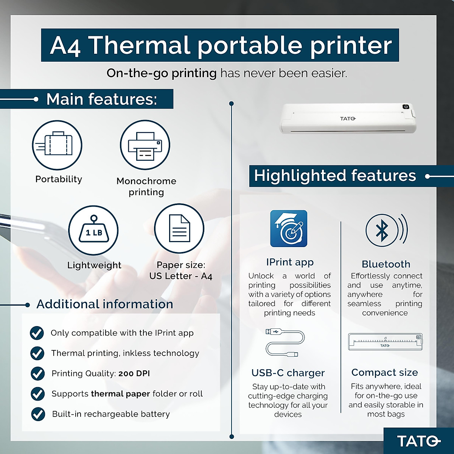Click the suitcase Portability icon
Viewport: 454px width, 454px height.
tap(57, 145)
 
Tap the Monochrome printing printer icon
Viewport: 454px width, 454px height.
tap(145, 145)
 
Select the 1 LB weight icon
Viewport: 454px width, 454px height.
tap(93, 230)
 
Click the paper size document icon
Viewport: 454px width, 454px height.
tap(179, 228)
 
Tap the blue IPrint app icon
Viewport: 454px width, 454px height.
tap(289, 229)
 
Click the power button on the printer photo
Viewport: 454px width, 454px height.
tap(406, 107)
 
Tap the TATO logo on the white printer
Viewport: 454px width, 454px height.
tap(348, 119)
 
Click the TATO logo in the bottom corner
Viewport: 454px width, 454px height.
tap(418, 441)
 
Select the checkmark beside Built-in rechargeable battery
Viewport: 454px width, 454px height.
tap(38, 414)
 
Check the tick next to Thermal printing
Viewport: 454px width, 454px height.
tap(37, 353)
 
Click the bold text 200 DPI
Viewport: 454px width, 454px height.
tap(134, 373)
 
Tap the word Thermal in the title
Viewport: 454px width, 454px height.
tap(138, 45)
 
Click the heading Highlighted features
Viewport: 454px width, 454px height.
tap(335, 176)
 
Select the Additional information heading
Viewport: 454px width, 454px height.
tap(105, 304)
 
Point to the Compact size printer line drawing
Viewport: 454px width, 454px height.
tap(385, 342)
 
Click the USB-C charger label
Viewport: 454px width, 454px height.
tap(288, 373)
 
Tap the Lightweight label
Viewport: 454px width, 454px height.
tap(94, 265)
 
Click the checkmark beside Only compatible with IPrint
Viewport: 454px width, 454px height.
tap(37, 333)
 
